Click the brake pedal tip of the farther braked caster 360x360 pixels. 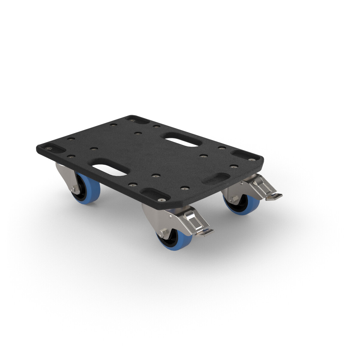pos(274,196)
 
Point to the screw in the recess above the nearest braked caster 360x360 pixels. pos(162,199)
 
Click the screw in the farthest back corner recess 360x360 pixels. pos(132,119)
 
